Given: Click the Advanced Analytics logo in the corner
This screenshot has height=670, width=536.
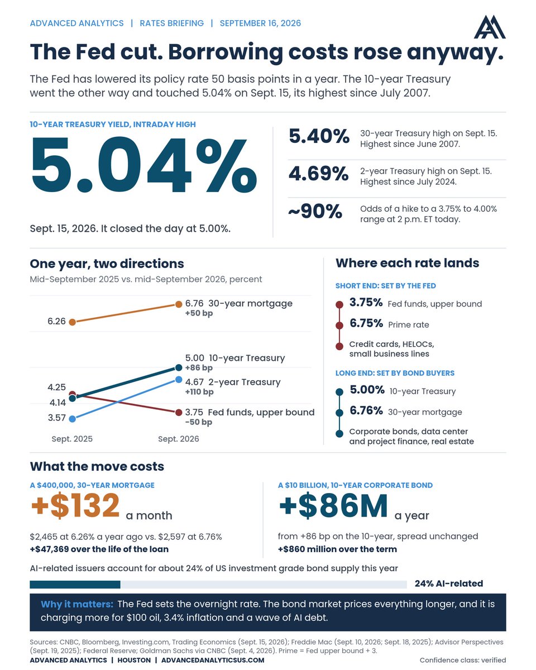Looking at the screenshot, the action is coord(489,27).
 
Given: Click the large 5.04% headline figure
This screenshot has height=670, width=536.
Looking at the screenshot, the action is coord(144,165).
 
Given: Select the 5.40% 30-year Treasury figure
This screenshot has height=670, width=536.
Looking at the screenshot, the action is coord(319,136).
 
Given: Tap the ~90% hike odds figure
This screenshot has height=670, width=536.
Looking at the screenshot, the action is coord(315,212).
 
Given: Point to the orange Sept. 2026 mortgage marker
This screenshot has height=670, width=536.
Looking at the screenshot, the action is coord(179,304).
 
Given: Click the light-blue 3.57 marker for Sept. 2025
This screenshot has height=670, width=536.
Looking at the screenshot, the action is coord(72,419).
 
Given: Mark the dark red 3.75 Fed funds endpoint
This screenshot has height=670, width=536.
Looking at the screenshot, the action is coord(179,413).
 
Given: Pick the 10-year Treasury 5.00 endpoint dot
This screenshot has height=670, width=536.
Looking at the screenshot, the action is coord(179,368).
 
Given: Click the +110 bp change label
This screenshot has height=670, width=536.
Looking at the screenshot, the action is coord(199,391).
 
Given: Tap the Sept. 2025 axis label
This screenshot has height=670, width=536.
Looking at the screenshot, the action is coord(72,439).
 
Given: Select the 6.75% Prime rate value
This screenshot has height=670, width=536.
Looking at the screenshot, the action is coord(366,323).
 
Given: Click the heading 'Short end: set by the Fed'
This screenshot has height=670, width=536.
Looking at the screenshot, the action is coord(386,286).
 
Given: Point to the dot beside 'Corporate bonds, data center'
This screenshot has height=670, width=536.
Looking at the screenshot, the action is coord(339,433).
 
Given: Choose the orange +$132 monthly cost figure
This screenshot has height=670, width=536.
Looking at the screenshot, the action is coord(75,506).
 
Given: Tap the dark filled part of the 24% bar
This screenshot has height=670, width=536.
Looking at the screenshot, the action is coord(75,585).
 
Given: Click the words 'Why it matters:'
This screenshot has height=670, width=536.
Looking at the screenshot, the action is coord(77,604).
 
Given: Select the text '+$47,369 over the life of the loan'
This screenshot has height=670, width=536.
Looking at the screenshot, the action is coord(99,549).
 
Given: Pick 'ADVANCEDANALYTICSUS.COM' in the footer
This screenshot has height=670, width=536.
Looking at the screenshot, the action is coord(213,660).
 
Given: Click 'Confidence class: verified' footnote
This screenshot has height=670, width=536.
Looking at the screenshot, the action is coord(463,660).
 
